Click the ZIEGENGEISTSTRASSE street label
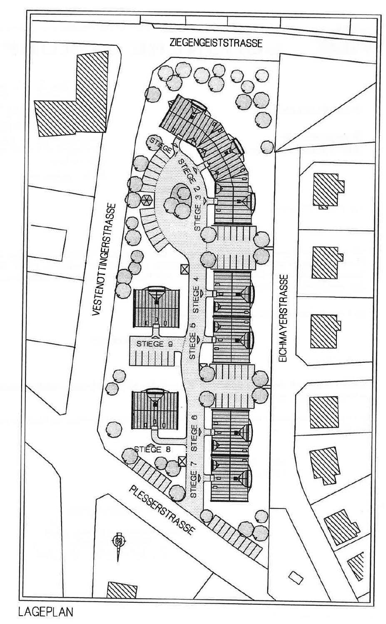pyautogui.click(x=216, y=43)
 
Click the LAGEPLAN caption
pyautogui.click(x=45, y=612)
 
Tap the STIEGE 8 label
pyautogui.click(x=147, y=449)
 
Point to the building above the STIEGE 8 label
pyautogui.click(x=154, y=410)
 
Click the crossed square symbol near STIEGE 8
pyautogui.click(x=182, y=461)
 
